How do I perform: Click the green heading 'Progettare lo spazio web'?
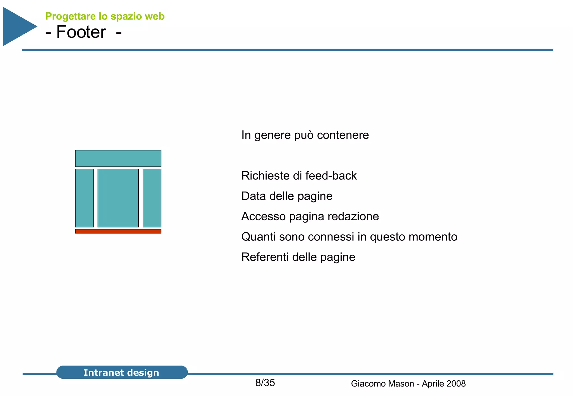105,16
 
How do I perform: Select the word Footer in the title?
81,32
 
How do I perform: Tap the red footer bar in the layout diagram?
118,231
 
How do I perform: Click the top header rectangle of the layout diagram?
118,158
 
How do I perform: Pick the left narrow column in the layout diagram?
84,198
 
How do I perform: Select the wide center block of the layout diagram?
118,198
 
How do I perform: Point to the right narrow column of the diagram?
152,198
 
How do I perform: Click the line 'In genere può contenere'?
305,135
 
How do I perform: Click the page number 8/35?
265,383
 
